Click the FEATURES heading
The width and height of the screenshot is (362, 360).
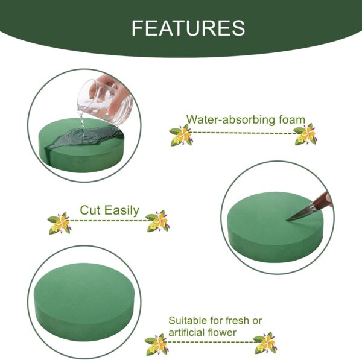(188, 28)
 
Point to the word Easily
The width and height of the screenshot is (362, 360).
(121, 210)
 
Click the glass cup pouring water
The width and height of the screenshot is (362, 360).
(106, 100)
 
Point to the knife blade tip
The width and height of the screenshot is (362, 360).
(287, 221)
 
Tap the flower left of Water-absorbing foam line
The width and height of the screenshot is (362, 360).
(180, 135)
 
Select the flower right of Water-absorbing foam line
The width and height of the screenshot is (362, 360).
(305, 134)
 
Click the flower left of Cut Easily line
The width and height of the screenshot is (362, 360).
(59, 223)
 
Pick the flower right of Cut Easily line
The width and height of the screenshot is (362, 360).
(157, 221)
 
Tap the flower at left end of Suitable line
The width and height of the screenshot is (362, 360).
(156, 344)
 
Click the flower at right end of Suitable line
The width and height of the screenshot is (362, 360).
(265, 343)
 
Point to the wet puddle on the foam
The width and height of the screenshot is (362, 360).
(86, 137)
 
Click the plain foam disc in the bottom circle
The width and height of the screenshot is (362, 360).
(84, 298)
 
